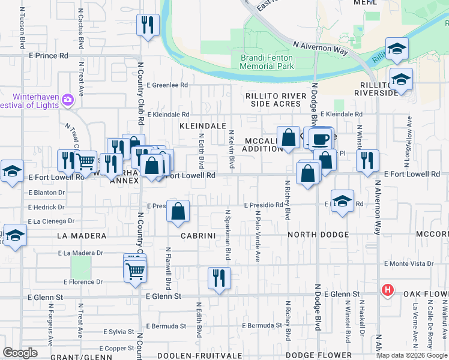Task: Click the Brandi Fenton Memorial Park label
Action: pos(267,62)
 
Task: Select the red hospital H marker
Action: pos(388,290)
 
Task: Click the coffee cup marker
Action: pos(321,139)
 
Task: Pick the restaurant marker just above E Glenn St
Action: pos(219,278)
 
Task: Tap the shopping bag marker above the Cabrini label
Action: pos(178,211)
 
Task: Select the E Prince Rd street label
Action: pos(48,56)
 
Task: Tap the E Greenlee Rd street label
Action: pos(167,85)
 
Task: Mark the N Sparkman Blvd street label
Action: pos(228,235)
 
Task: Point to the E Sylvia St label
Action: pos(118,331)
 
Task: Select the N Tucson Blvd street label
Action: pos(23,28)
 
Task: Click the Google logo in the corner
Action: pos(20,352)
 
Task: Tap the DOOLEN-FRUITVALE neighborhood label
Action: pos(196,356)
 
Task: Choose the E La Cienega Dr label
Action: pos(50,221)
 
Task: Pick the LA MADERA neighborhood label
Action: pos(81,236)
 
